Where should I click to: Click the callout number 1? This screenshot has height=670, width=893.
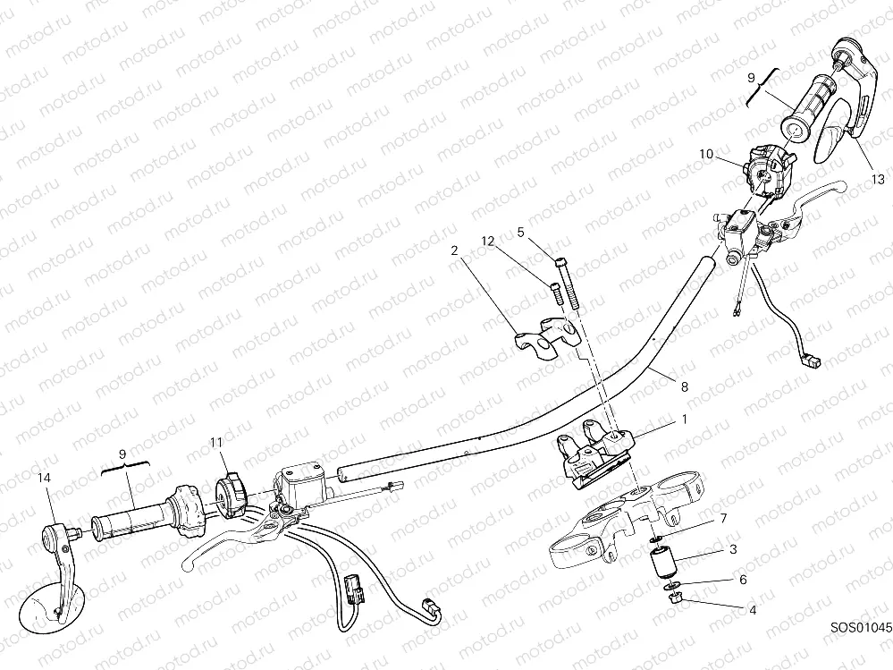click(685, 420)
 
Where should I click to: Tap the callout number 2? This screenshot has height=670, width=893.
click(454, 250)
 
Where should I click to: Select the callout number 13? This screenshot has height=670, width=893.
click(878, 180)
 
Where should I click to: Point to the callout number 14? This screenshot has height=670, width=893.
click(44, 478)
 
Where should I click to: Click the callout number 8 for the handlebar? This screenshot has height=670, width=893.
click(685, 386)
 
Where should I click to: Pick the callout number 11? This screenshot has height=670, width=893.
click(216, 442)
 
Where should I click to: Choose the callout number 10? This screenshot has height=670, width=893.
click(706, 154)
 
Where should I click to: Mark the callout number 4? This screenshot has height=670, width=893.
click(753, 610)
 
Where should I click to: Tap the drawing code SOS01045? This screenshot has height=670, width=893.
click(861, 628)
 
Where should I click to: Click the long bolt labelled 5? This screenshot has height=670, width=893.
click(565, 283)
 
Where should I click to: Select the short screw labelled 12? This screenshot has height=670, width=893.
click(555, 293)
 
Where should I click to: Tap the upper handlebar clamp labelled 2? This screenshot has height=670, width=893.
click(545, 339)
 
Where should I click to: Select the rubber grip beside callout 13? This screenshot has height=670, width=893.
click(807, 107)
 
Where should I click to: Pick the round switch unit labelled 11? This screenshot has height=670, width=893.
click(229, 494)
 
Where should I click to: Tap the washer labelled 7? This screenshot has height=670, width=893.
click(656, 539)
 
